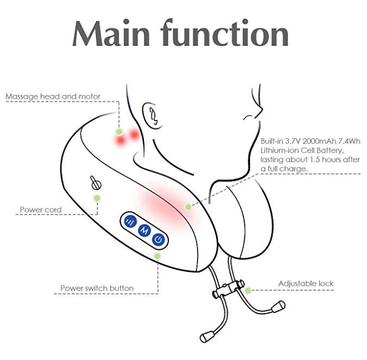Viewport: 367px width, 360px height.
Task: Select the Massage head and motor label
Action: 53,97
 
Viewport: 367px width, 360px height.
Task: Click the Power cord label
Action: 41,210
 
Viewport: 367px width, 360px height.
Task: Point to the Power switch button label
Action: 97,288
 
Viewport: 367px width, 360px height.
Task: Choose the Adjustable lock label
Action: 306,284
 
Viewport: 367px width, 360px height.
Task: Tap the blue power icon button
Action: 159,239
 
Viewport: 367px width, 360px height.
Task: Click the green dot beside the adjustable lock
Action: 248,290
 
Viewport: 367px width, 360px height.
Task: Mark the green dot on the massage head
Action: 118,132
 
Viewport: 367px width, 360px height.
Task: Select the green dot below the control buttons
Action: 158,256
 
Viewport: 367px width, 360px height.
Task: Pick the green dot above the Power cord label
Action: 97,197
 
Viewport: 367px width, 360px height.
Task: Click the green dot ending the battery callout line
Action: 188,207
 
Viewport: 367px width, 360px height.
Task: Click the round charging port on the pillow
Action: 94,182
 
